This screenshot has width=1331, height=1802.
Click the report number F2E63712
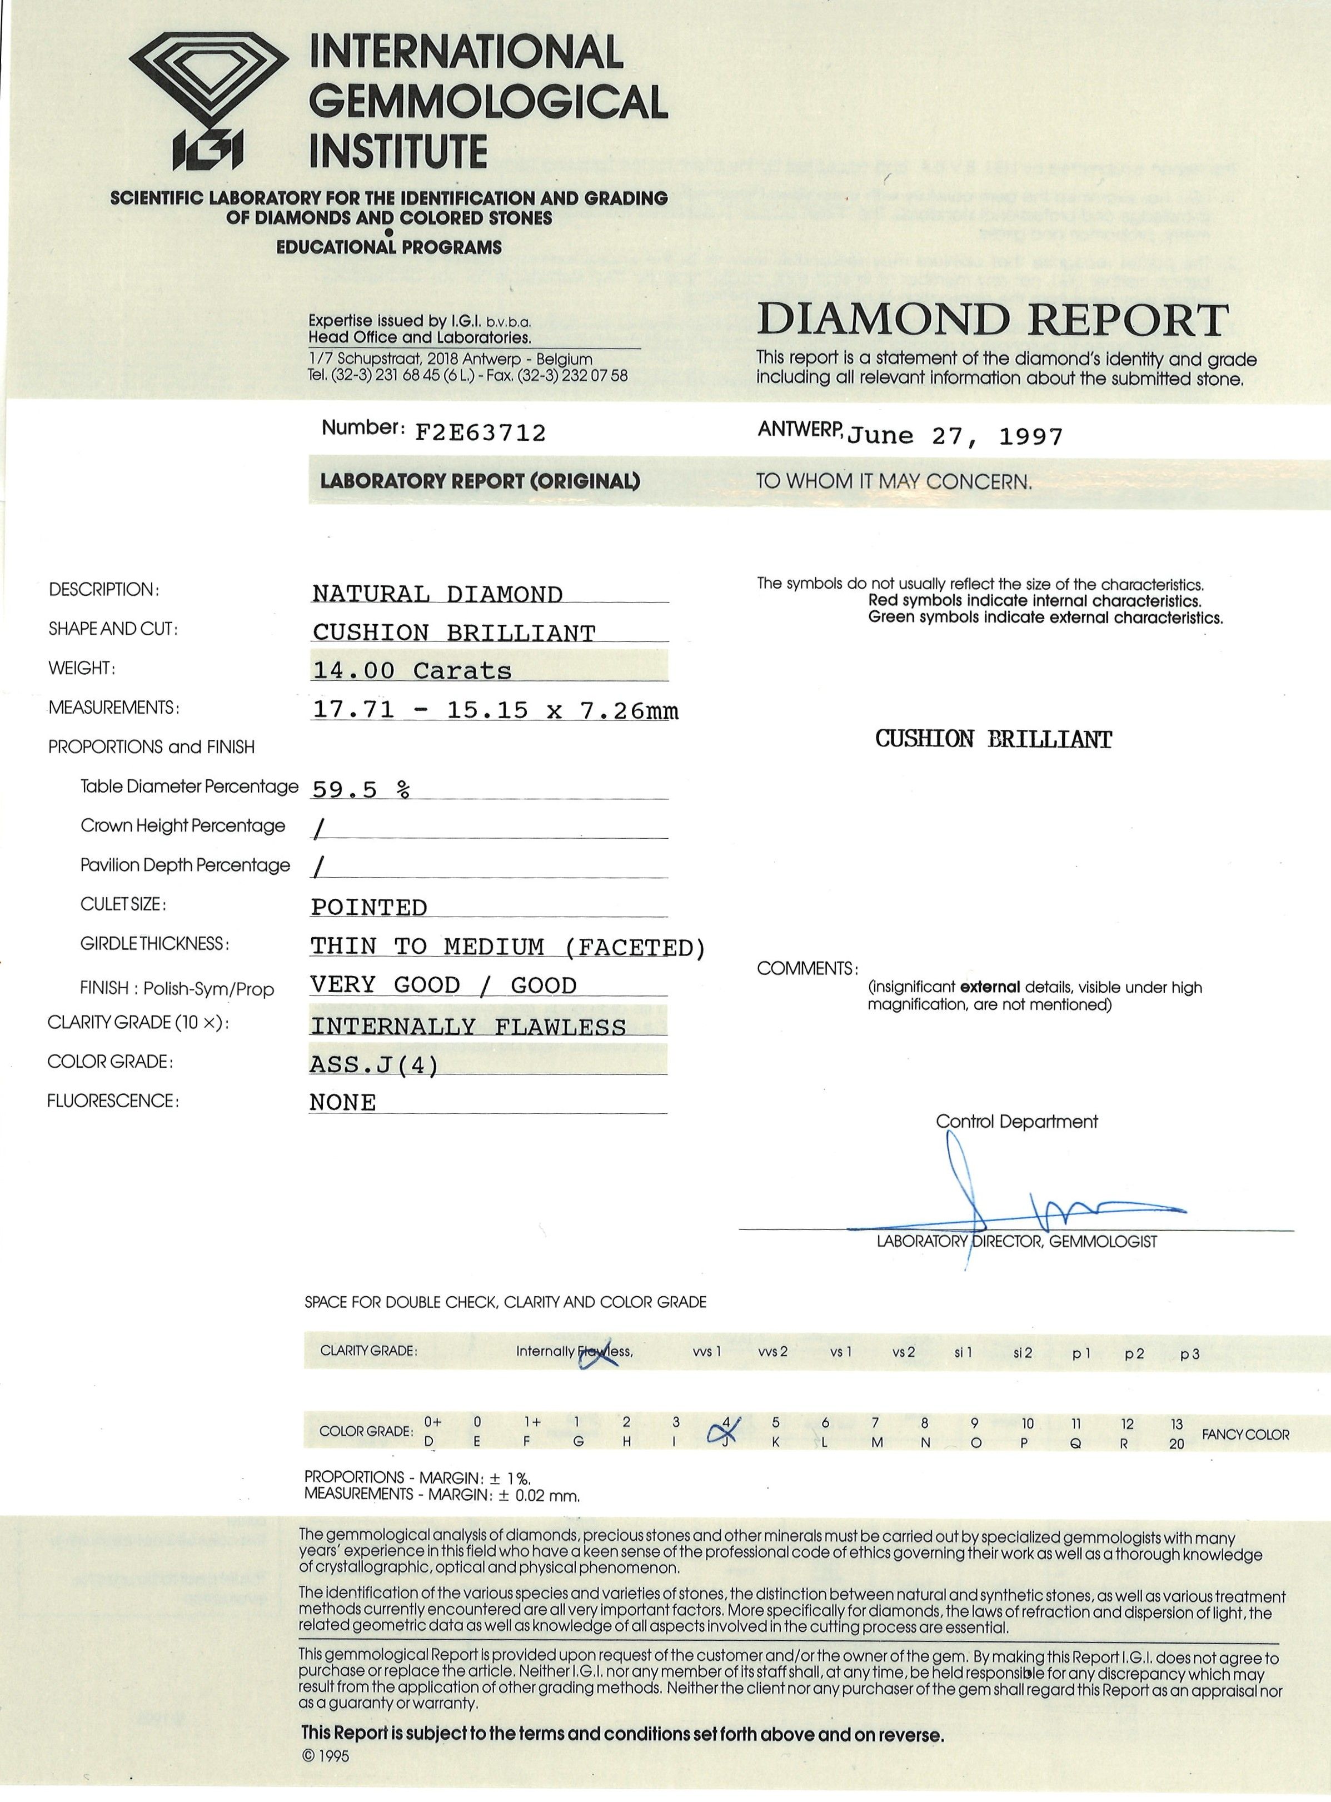[480, 434]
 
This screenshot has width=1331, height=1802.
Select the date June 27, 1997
[955, 437]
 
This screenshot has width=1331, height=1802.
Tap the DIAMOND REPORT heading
[993, 321]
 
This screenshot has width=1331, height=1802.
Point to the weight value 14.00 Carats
[412, 670]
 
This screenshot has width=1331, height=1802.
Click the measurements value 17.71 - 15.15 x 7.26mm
[495, 710]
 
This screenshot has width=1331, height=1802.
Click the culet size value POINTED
[369, 908]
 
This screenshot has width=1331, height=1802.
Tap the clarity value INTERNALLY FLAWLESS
[468, 1026]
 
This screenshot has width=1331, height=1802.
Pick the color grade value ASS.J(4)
[375, 1066]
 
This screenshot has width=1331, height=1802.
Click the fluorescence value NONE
[342, 1102]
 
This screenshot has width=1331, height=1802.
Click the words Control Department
[1016, 1121]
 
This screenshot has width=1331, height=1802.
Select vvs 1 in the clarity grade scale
[706, 1352]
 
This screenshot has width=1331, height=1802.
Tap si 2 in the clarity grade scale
[1023, 1352]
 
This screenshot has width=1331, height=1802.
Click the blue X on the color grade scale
[724, 1431]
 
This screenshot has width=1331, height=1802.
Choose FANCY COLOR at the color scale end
[1245, 1435]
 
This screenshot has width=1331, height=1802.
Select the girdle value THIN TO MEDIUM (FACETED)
[507, 947]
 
